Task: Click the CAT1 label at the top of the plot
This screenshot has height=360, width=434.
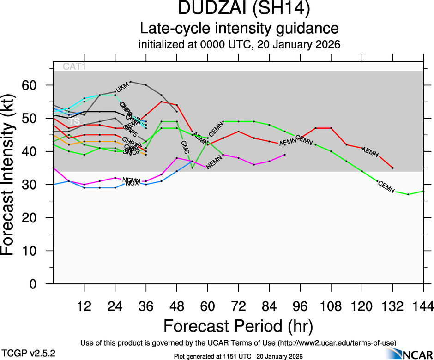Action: coord(74,67)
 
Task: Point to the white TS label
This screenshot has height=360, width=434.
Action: coord(74,121)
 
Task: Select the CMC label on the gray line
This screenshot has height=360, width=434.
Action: coord(185,147)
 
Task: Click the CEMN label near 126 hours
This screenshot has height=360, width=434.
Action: coord(386,186)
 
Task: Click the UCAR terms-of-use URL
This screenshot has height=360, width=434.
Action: coord(337,343)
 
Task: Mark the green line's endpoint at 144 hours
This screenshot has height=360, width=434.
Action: coord(423,191)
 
